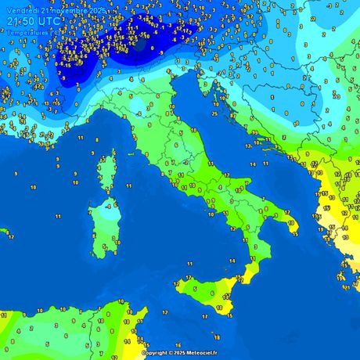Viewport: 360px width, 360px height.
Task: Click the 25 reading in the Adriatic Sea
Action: tap(214, 114)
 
